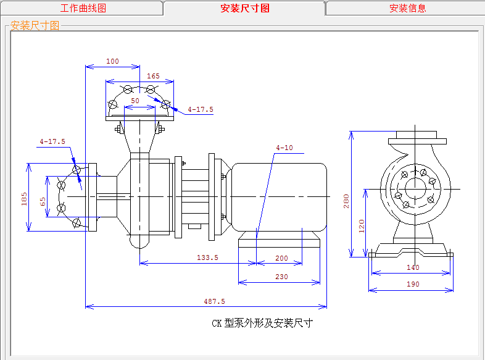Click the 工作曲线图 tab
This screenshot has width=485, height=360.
(x=83, y=8)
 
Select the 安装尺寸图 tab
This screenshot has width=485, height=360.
(x=245, y=8)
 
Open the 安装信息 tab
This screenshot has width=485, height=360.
(x=407, y=8)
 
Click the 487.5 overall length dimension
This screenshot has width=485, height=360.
(x=214, y=301)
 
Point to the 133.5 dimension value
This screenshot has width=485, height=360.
(x=207, y=257)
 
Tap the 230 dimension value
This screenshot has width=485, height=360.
(x=281, y=277)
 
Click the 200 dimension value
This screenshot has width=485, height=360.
(x=281, y=257)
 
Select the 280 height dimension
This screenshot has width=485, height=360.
(x=346, y=201)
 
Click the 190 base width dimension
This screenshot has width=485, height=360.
(x=413, y=284)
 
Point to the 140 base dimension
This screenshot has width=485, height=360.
(x=413, y=267)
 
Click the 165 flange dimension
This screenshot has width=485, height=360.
(x=153, y=77)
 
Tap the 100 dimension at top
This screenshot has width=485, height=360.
(x=112, y=61)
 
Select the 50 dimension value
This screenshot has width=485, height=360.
(x=135, y=100)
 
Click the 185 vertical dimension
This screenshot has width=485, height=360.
(x=24, y=198)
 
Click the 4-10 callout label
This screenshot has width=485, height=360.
(x=284, y=148)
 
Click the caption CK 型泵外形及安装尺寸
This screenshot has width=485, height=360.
(x=262, y=323)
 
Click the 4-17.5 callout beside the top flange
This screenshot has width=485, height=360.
(x=201, y=109)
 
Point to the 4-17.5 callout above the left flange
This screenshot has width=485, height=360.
(x=52, y=141)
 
